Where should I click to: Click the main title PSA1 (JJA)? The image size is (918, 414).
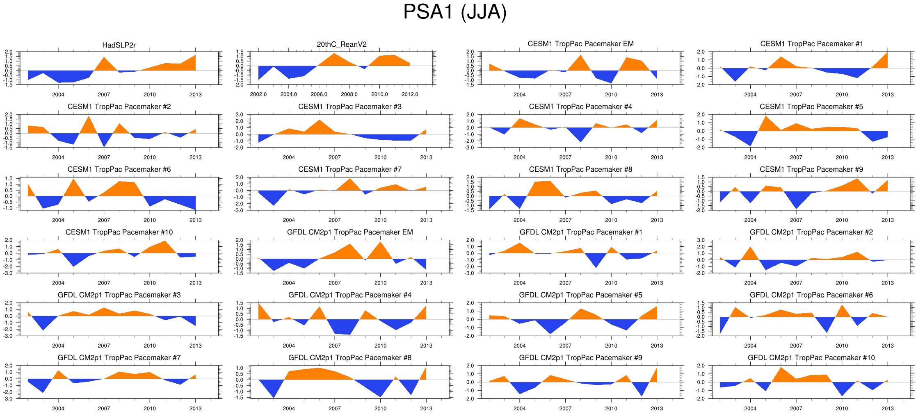coord(454,12)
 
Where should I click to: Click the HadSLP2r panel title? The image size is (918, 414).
coord(119,45)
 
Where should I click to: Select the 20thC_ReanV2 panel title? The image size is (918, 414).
coord(342,44)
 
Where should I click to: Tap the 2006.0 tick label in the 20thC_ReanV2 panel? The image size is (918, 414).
coord(319,94)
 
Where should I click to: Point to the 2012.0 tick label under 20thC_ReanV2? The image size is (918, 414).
coord(410,94)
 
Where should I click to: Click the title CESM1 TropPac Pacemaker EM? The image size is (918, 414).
coord(580,44)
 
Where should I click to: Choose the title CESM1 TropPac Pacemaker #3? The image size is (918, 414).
coord(350,107)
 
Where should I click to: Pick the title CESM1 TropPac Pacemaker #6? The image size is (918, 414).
coord(119,169)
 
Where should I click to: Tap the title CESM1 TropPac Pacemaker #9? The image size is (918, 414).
coord(811,169)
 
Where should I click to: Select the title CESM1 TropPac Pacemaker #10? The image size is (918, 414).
coord(119,232)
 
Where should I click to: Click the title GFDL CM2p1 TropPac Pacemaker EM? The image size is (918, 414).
coord(350,232)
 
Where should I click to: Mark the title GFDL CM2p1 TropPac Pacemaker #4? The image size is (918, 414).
coord(350,295)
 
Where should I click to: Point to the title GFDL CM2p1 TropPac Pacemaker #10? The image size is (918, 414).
coord(811,357)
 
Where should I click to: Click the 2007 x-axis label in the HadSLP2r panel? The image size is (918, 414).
coord(104,94)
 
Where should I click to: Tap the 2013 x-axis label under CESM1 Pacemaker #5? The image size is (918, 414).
coord(888,157)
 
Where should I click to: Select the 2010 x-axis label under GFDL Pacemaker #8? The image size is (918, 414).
coord(380,408)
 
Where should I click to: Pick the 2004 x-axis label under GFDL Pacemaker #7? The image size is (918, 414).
coord(58,408)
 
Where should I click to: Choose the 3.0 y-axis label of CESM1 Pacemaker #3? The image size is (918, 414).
coord(240,114)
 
